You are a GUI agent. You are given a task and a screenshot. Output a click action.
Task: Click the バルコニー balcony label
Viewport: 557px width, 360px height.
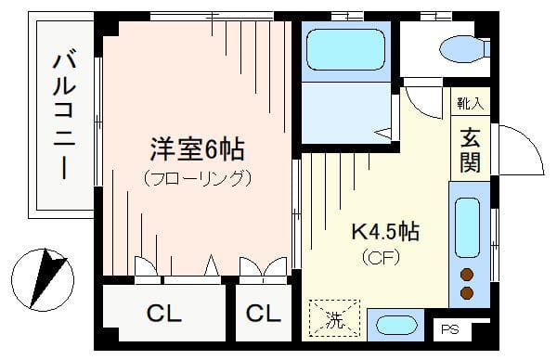[65, 116]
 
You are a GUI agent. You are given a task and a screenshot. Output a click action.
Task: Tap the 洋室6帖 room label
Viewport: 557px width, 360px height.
[197, 148]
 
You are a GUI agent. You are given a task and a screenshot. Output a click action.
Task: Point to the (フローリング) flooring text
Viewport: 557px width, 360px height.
[197, 176]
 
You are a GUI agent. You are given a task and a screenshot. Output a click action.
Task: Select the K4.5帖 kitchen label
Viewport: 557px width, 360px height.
[383, 231]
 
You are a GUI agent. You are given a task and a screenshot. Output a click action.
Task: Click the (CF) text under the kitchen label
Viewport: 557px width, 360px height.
[382, 257]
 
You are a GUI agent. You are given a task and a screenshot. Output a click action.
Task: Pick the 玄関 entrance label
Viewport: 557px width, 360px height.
[467, 149]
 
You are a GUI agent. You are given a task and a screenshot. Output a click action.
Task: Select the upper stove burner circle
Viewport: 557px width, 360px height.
[467, 275]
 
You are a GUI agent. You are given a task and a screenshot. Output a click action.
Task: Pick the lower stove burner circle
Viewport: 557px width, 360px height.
[467, 293]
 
